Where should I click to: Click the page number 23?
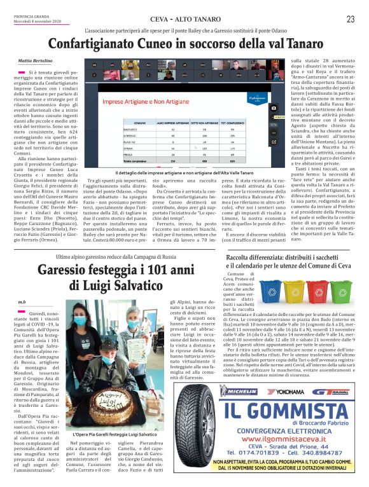[x=350, y=19]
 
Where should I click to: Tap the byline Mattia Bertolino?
[x=35, y=60]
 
